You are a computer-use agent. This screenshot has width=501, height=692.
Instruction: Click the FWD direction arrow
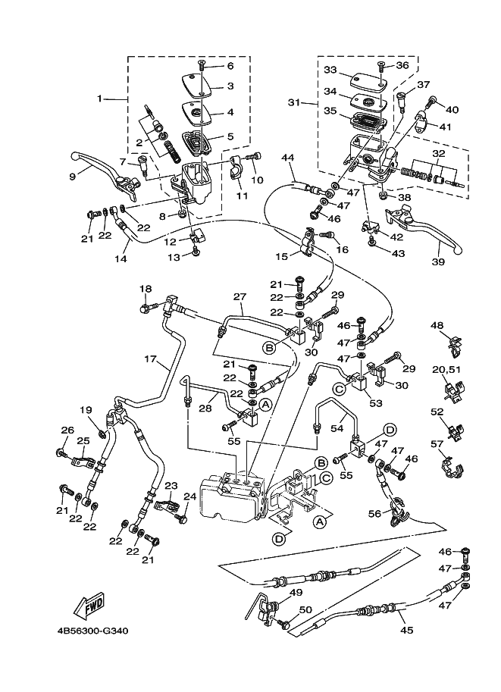click(x=89, y=604)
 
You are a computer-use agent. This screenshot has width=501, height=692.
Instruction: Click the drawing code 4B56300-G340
click(x=92, y=631)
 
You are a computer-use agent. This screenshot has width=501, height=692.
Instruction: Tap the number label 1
click(x=100, y=99)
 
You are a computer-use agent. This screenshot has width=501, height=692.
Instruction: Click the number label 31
click(x=294, y=103)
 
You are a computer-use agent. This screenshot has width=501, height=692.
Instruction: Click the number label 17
click(x=151, y=359)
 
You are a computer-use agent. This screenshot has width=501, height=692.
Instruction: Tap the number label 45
click(x=406, y=630)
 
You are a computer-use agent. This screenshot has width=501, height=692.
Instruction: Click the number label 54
click(x=337, y=428)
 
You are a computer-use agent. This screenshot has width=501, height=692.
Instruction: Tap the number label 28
click(x=205, y=409)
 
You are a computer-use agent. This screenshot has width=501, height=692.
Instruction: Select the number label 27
click(x=240, y=296)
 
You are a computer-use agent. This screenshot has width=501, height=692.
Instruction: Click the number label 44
click(x=287, y=158)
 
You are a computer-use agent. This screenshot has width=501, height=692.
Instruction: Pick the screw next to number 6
click(x=202, y=66)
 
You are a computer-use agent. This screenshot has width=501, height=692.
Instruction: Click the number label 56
click(x=374, y=513)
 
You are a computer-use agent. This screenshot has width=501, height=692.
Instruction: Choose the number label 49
click(x=296, y=593)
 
